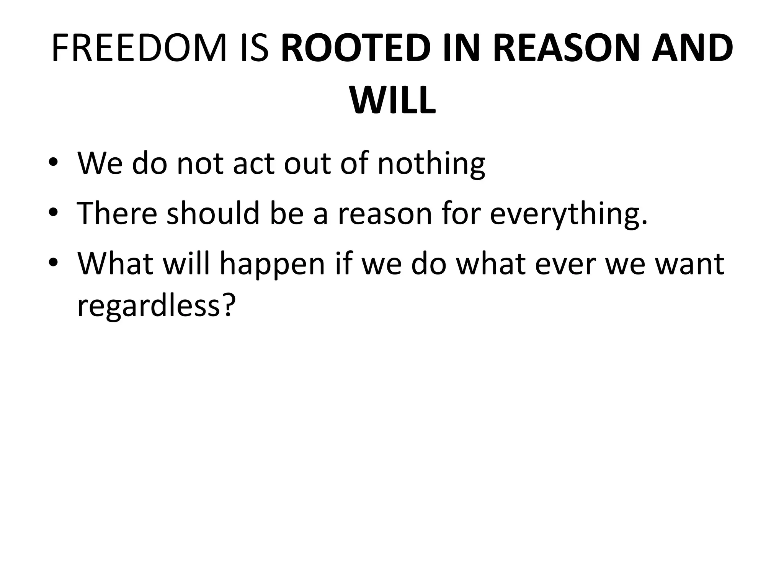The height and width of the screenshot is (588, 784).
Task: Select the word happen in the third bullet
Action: pyautogui.click(x=271, y=264)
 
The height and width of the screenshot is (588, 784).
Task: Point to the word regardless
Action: pyautogui.click(x=149, y=306)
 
